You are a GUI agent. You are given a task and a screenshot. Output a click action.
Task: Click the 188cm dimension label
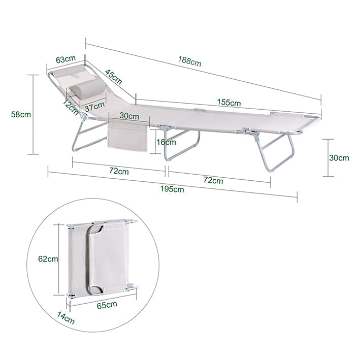click(189, 61)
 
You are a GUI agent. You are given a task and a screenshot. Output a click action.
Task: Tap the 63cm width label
click(66, 59)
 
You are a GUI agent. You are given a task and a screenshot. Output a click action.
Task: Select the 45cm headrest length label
click(113, 77)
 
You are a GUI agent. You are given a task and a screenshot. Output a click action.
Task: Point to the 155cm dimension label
click(229, 102)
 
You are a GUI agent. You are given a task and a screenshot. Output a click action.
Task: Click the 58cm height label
click(21, 114)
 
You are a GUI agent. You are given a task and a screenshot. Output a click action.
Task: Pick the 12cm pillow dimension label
click(71, 107)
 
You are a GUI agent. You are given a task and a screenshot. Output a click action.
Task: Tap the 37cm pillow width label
click(94, 107)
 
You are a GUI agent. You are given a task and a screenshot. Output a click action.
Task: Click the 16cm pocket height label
click(166, 142)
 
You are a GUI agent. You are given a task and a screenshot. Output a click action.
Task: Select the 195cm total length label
click(172, 189)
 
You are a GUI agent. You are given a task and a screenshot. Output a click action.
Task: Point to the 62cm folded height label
click(48, 259)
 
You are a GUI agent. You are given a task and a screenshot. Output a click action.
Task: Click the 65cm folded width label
click(107, 305)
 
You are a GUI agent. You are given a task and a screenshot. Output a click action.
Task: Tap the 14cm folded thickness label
click(66, 318)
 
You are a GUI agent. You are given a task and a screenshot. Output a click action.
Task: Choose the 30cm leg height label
click(339, 158)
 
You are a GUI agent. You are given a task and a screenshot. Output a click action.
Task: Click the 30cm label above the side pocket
click(129, 116)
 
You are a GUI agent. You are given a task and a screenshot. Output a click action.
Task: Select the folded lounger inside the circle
click(102, 258)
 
